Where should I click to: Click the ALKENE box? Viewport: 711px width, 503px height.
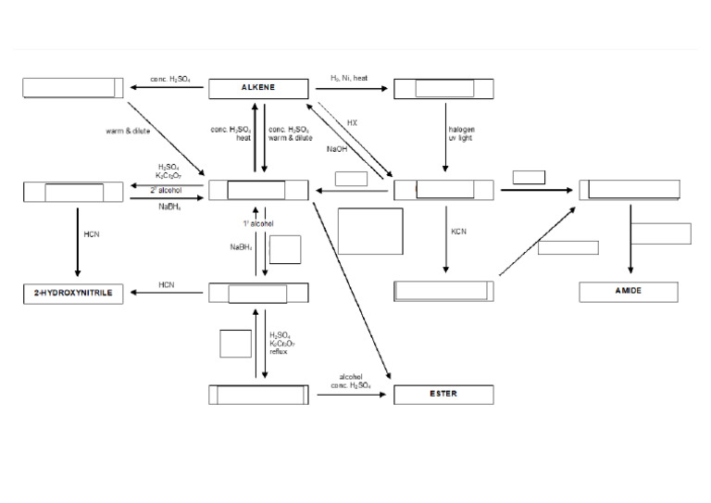(258, 88)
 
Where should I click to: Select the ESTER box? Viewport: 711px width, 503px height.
(443, 395)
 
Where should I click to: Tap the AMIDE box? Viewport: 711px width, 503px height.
(629, 292)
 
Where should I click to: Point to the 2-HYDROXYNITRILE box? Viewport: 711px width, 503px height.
(73, 293)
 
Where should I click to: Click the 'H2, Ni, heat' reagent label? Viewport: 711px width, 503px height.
(349, 78)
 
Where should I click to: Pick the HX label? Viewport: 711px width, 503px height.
(352, 122)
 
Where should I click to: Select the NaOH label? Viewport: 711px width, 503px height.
(337, 148)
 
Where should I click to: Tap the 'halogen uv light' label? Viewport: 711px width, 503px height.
(461, 133)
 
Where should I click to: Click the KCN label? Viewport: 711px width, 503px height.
(459, 231)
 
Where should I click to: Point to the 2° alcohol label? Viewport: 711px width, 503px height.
(167, 190)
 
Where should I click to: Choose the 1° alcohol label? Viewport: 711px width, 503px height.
(258, 223)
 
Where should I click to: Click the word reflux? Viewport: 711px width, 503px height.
(279, 352)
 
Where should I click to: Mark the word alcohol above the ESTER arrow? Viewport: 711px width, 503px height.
(351, 377)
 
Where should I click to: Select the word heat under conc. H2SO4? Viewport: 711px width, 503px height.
(243, 138)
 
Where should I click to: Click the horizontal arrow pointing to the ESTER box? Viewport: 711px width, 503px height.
(351, 395)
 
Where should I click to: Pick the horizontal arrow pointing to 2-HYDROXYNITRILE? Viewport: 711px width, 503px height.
(167, 293)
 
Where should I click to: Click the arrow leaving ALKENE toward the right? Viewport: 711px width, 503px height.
(351, 89)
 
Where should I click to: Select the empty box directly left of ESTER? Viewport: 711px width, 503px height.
(258, 395)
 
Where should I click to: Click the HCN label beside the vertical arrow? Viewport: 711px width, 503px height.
(91, 234)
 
